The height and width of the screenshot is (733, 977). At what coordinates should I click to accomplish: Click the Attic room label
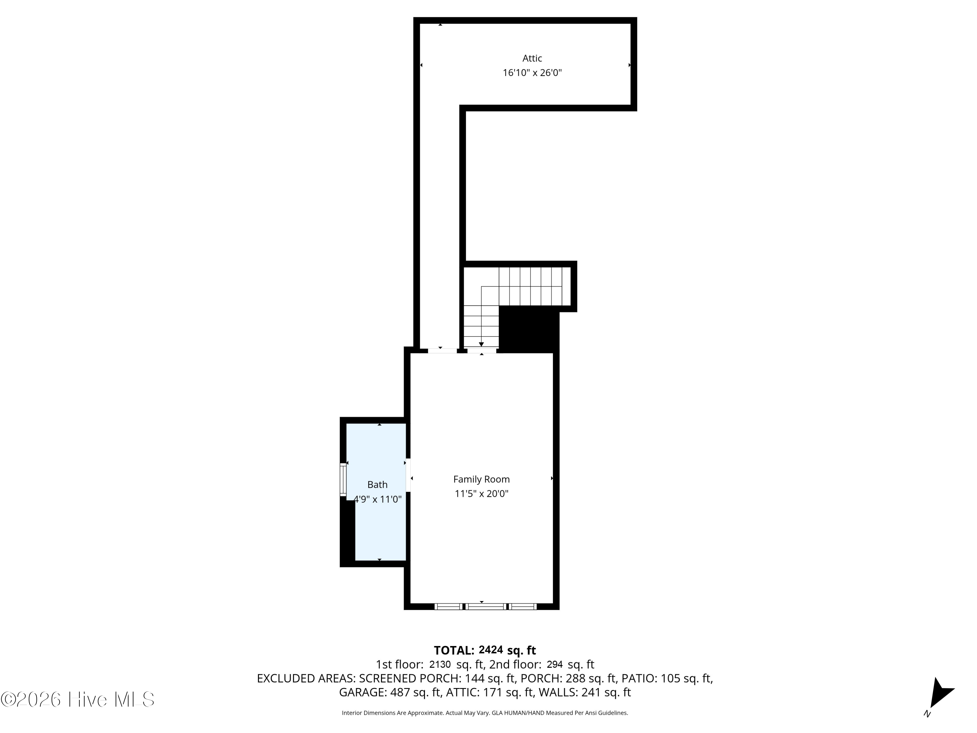[532, 58]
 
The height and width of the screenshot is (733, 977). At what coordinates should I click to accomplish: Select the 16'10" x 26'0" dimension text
[532, 72]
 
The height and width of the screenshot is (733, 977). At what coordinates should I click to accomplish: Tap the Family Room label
[481, 480]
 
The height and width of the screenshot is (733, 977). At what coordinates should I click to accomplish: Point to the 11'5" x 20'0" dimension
[481, 494]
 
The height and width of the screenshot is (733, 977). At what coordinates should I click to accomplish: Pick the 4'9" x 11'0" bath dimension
[378, 499]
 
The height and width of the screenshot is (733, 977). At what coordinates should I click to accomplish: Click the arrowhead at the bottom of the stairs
[481, 345]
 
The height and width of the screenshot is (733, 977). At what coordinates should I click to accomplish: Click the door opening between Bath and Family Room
[408, 475]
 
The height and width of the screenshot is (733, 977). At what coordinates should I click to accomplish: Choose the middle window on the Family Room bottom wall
[486, 607]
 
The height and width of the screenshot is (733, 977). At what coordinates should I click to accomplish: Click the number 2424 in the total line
[491, 650]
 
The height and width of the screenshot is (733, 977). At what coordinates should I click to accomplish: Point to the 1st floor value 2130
[440, 664]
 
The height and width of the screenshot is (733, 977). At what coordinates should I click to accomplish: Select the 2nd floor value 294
[555, 664]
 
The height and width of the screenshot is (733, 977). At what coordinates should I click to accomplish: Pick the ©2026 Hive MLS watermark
[78, 699]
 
